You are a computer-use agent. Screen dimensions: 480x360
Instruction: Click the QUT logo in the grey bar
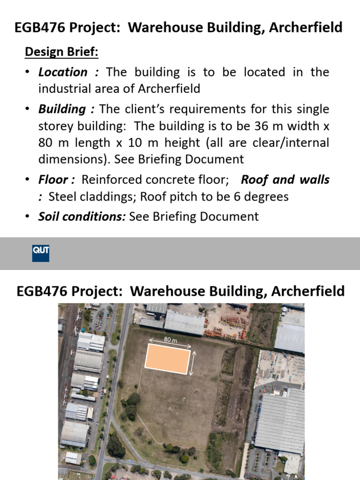point(41,253)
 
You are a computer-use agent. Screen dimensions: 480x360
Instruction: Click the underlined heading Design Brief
point(61,52)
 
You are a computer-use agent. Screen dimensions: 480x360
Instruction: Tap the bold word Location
point(63,72)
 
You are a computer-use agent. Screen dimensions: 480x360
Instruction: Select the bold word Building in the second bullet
point(62,109)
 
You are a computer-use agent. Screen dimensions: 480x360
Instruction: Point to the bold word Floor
point(55,180)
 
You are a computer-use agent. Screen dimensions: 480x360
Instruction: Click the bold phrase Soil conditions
point(82,216)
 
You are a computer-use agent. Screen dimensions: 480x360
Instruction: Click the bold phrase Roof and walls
point(285,180)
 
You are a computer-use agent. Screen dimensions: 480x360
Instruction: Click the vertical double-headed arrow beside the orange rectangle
point(192,364)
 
